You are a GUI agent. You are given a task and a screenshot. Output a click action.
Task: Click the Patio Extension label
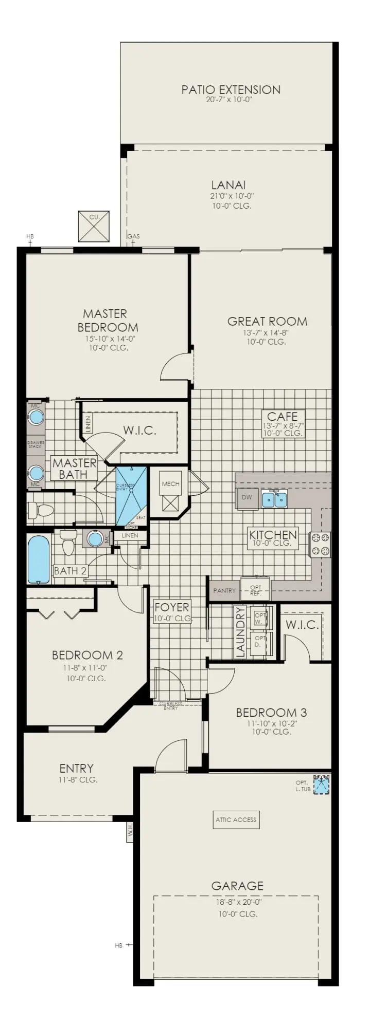click(231, 90)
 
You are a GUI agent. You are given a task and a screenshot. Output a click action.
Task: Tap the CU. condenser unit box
click(94, 226)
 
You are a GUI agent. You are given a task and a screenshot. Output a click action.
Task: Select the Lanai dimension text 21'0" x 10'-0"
click(228, 196)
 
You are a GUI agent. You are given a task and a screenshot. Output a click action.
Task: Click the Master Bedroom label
click(108, 320)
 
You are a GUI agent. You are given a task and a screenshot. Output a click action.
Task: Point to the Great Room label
click(267, 322)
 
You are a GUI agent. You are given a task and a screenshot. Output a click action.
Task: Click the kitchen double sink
click(274, 499)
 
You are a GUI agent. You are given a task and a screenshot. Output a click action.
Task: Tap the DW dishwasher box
click(247, 498)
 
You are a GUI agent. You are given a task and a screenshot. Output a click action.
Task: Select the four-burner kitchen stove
click(320, 545)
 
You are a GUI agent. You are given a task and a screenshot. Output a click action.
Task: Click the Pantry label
click(224, 591)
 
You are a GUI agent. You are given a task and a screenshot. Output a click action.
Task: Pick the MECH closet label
click(170, 484)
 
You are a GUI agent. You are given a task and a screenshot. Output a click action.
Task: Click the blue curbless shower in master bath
click(131, 496)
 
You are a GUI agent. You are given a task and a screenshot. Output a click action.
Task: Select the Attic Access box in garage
click(236, 819)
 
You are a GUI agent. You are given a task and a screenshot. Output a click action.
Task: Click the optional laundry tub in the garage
click(322, 785)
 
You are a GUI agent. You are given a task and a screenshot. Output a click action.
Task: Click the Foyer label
click(172, 607)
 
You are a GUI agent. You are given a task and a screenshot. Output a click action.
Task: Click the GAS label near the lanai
click(133, 237)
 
